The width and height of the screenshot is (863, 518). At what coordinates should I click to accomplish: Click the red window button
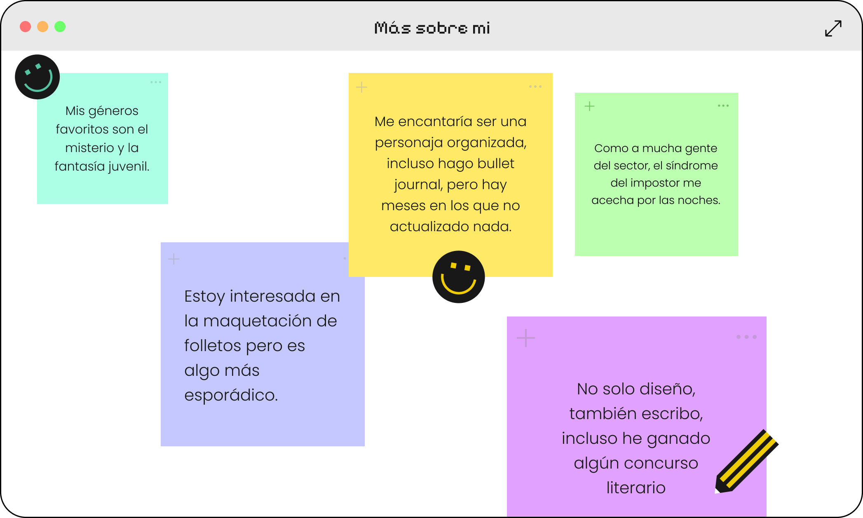click(26, 27)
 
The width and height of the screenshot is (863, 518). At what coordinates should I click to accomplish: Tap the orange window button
click(43, 27)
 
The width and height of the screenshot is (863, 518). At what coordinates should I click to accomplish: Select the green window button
click(60, 27)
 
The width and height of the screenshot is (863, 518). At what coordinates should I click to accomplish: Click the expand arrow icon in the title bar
click(833, 28)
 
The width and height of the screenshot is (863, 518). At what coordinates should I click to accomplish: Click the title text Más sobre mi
click(432, 28)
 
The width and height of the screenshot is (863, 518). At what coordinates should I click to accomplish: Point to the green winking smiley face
click(38, 77)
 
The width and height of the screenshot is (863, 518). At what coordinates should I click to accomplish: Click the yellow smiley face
click(458, 277)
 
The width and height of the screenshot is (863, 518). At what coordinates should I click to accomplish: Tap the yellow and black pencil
click(746, 462)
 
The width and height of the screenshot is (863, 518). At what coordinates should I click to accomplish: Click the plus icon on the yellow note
click(361, 87)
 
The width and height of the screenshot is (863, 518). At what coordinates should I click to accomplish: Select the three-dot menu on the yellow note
click(535, 87)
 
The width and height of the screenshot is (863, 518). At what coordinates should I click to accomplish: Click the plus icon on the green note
click(589, 106)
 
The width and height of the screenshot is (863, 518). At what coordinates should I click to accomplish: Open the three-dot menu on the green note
click(723, 106)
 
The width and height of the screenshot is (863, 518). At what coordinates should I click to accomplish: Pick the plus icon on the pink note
click(526, 338)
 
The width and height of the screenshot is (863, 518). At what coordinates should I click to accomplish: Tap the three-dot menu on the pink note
click(746, 337)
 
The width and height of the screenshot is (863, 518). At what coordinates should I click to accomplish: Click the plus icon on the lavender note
click(174, 259)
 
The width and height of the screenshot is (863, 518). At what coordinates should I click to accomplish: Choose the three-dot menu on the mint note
click(156, 82)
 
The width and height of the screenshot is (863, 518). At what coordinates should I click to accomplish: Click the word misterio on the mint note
click(89, 148)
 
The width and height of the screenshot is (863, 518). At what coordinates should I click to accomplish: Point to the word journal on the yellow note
click(418, 185)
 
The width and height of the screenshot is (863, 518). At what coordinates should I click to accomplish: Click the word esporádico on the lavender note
click(231, 395)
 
